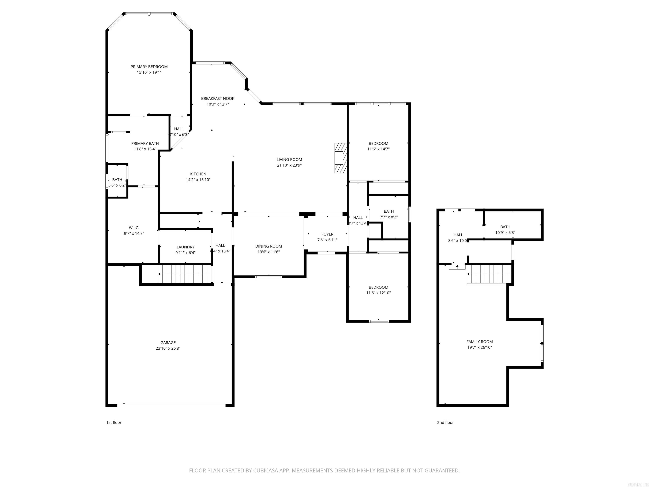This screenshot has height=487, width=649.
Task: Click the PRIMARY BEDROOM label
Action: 149,67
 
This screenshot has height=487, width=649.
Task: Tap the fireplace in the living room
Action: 341,158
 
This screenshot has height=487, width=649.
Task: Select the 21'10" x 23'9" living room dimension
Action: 289,165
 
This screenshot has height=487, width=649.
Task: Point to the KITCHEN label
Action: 198,174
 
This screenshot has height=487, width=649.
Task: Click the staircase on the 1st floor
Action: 185,274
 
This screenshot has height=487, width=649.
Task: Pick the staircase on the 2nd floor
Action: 489,274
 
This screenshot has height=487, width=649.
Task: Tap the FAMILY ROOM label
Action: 479,342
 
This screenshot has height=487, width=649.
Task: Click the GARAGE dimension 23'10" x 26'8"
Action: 168,348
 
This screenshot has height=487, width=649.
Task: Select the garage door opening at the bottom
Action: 171,405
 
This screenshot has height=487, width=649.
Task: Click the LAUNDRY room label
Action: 185,247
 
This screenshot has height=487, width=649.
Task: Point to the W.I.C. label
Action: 134,228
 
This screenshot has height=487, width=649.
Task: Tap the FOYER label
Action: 327,234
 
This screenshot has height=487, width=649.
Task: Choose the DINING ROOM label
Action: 269,246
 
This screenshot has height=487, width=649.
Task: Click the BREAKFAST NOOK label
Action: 217,99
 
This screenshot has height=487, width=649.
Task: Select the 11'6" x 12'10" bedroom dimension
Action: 378,293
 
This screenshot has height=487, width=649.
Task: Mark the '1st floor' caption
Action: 113,422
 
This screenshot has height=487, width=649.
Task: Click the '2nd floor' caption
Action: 445,422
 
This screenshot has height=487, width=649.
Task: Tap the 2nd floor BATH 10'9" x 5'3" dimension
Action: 505,233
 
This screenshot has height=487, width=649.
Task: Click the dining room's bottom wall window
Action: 269,276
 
